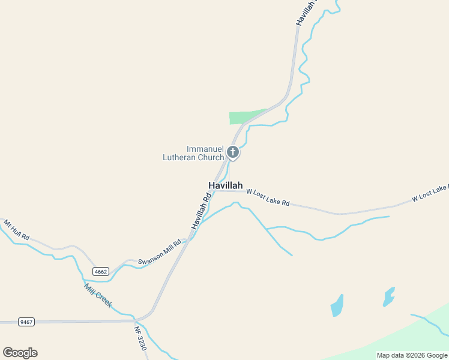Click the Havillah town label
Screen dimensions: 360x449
point(225,185)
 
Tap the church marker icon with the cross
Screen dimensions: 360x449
point(233,152)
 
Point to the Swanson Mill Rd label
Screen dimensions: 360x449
point(160,253)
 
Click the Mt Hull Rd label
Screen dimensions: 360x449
point(16,230)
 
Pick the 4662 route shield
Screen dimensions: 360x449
point(100,272)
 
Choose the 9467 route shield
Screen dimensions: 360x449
point(26,322)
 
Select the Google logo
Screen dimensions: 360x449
point(20,353)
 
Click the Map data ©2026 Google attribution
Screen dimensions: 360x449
point(412,355)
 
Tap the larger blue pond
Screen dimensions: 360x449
point(337,306)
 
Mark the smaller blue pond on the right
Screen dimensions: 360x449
point(389,296)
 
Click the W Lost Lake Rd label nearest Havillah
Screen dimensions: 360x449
point(268,197)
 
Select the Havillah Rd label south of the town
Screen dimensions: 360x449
point(201,211)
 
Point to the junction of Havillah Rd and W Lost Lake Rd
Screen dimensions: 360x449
point(215,191)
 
